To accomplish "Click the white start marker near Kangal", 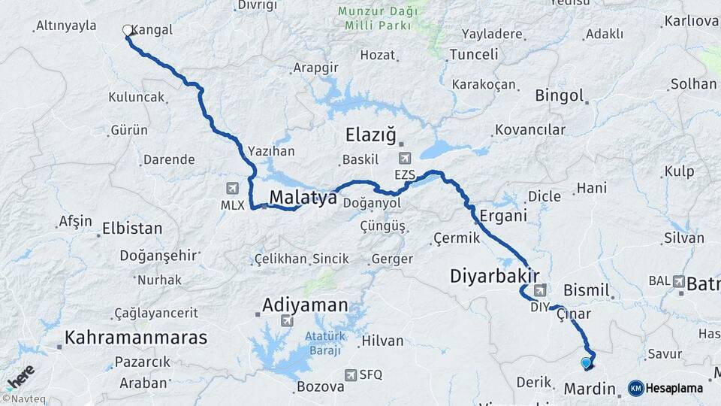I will pos(128,31).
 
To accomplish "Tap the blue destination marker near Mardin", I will pos(586,363).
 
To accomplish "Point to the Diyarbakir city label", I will pos(495,275).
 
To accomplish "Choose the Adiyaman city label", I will pos(305,305).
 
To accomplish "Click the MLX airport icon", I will pos(232,188).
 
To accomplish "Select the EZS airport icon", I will pos(405,159).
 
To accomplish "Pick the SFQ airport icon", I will pos(351,374).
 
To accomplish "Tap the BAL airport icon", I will pos(680,281).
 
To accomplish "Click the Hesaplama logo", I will pos(665,388).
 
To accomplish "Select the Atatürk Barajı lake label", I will pos(323,343).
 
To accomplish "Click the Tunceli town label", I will pos(473,54).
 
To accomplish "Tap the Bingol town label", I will pos(559,95).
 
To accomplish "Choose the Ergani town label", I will pos(503,216).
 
